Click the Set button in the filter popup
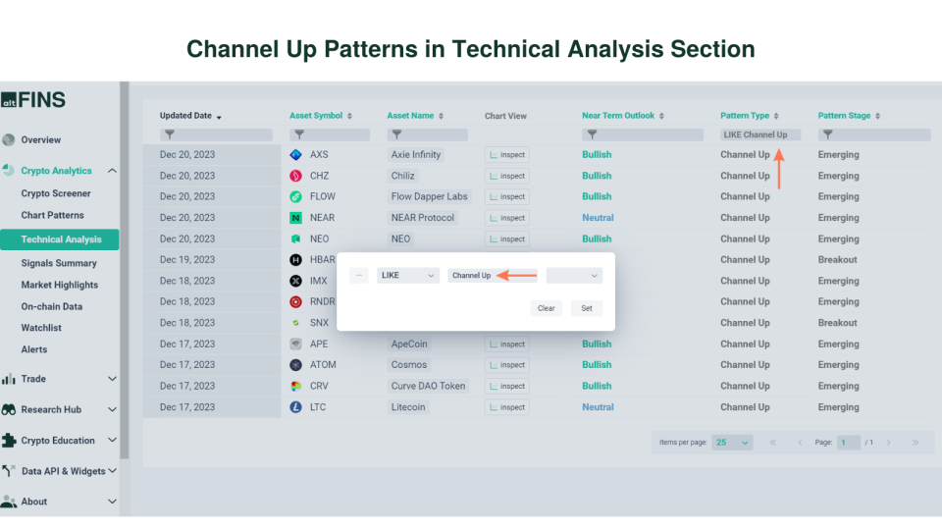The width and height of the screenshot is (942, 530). pyautogui.click(x=586, y=308)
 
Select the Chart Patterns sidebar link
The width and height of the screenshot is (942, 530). pyautogui.click(x=53, y=215)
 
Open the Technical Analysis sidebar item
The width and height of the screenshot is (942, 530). pyautogui.click(x=61, y=239)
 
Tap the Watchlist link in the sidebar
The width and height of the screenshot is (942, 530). pyautogui.click(x=41, y=328)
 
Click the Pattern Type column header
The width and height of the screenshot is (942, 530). pyautogui.click(x=745, y=116)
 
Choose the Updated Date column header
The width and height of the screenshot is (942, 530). pyautogui.click(x=185, y=116)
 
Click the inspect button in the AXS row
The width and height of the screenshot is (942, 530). pyautogui.click(x=506, y=155)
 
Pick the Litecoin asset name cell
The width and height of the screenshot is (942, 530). pyautogui.click(x=408, y=407)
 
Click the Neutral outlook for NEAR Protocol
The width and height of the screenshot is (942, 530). pyautogui.click(x=598, y=218)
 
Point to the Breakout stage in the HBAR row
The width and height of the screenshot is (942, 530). pyautogui.click(x=837, y=260)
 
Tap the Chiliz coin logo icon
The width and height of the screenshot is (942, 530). pyautogui.click(x=295, y=176)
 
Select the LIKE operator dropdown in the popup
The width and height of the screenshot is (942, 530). pyautogui.click(x=407, y=276)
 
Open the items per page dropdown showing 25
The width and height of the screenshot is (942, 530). pyautogui.click(x=732, y=443)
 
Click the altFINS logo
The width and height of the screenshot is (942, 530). pyautogui.click(x=33, y=99)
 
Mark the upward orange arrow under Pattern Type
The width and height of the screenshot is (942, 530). pyautogui.click(x=779, y=168)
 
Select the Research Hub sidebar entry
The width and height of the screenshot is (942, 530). pyautogui.click(x=51, y=409)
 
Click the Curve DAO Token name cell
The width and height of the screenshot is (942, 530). pyautogui.click(x=428, y=386)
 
